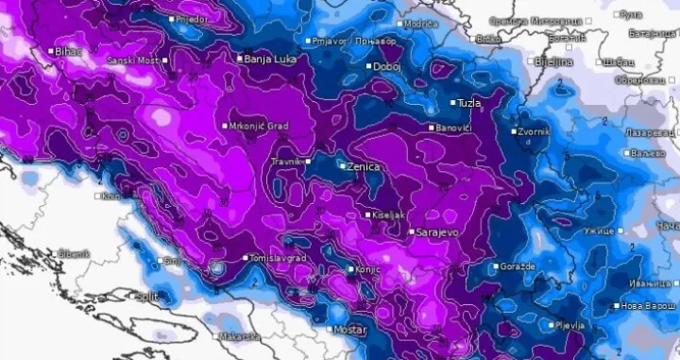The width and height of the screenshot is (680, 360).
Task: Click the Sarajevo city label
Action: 441,231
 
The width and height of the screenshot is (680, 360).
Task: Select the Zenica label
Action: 364,166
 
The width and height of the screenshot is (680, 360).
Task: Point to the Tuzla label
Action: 467,102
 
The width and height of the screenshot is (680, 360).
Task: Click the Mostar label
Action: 349,329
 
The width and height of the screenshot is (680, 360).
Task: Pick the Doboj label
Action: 388,68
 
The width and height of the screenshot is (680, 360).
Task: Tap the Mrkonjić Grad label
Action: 260,126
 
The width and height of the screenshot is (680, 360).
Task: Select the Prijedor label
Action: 194,18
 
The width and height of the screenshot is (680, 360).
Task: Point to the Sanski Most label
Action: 135,60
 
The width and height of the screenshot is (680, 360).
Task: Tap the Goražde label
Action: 519,266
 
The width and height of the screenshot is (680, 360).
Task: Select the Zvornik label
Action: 534,131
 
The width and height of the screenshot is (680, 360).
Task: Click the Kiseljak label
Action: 389,215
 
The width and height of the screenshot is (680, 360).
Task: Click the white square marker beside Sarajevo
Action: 412,231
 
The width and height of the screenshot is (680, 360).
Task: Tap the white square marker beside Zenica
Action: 342,166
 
